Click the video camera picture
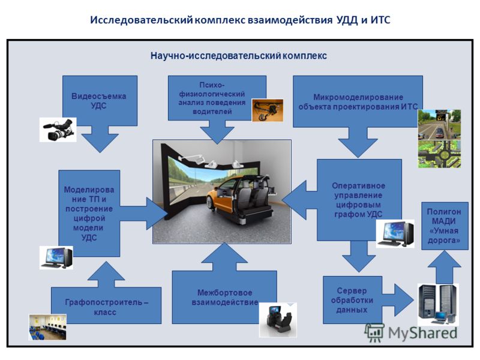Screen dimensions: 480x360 point(58,130)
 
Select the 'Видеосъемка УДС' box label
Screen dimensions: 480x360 point(98,101)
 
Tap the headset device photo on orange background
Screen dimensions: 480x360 point(267,110)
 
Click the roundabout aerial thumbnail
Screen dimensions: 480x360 point(439,154)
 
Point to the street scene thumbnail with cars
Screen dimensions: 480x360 point(439,125)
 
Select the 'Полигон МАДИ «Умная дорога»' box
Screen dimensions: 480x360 point(445,226)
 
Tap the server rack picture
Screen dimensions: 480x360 point(438,304)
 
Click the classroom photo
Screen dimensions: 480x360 point(48,327)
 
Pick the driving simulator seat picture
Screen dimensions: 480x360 point(278,320)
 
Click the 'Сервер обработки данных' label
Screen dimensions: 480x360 point(352,300)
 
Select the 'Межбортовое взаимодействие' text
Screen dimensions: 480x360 point(225,298)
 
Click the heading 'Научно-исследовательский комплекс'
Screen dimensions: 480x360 point(238,56)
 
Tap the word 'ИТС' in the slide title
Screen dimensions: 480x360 point(380,20)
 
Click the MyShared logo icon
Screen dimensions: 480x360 point(374,332)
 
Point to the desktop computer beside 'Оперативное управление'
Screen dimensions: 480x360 point(395,233)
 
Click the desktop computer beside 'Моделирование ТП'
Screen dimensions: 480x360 point(56,258)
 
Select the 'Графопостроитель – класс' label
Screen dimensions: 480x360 point(106,307)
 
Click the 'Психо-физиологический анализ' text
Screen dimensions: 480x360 point(212,98)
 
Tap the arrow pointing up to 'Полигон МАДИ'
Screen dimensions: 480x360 point(445,267)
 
